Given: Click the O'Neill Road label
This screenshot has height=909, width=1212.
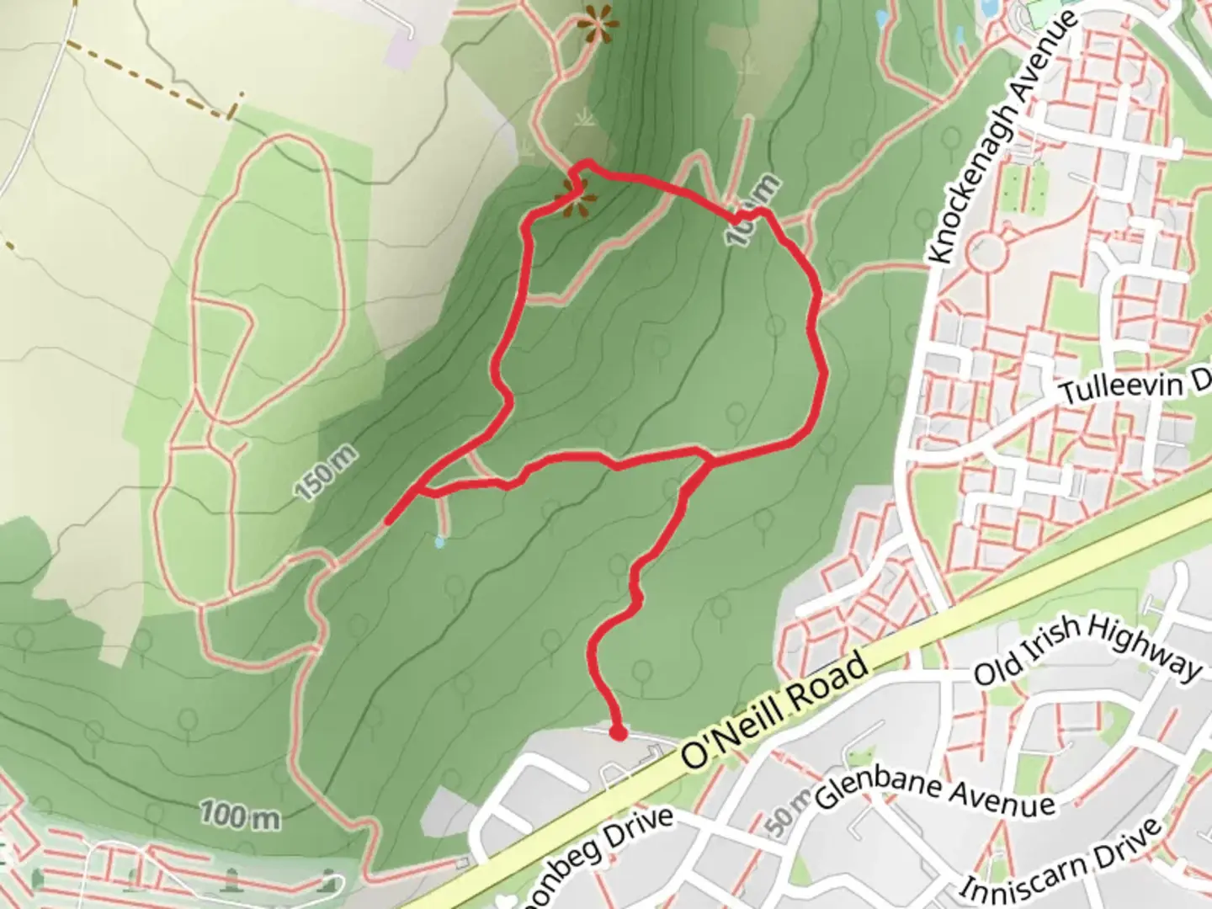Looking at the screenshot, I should pos(774,712).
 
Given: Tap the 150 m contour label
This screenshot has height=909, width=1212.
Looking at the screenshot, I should pos(327,475).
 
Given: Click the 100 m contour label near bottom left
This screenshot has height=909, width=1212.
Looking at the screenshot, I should pos(240,816).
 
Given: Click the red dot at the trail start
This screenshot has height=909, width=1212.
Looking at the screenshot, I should pos(619,734).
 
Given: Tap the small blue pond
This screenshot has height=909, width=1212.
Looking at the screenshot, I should pos(439,542).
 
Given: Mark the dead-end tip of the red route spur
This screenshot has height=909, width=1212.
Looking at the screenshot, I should pos(388,523).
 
